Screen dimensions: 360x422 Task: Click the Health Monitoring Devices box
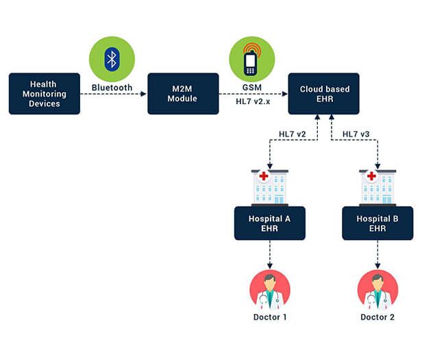tap(45, 94)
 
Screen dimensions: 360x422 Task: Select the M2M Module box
tap(183, 94)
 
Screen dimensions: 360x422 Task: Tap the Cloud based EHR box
tap(323, 94)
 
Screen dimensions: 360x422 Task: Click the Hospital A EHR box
tap(269, 223)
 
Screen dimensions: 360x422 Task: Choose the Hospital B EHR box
tap(377, 223)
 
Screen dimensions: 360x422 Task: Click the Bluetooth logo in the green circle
tap(112, 59)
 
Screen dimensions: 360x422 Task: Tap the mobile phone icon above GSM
tap(251, 60)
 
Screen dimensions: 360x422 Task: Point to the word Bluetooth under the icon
tap(112, 88)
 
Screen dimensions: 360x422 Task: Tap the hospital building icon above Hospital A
tap(269, 187)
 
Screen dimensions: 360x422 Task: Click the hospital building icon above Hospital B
tap(377, 187)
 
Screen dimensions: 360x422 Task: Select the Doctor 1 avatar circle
tap(269, 291)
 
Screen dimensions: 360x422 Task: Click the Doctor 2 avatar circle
tap(377, 291)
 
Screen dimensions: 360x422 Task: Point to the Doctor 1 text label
tap(269, 317)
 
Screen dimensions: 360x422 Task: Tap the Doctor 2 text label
tap(377, 317)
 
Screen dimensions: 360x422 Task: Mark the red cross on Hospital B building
tap(371, 176)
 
